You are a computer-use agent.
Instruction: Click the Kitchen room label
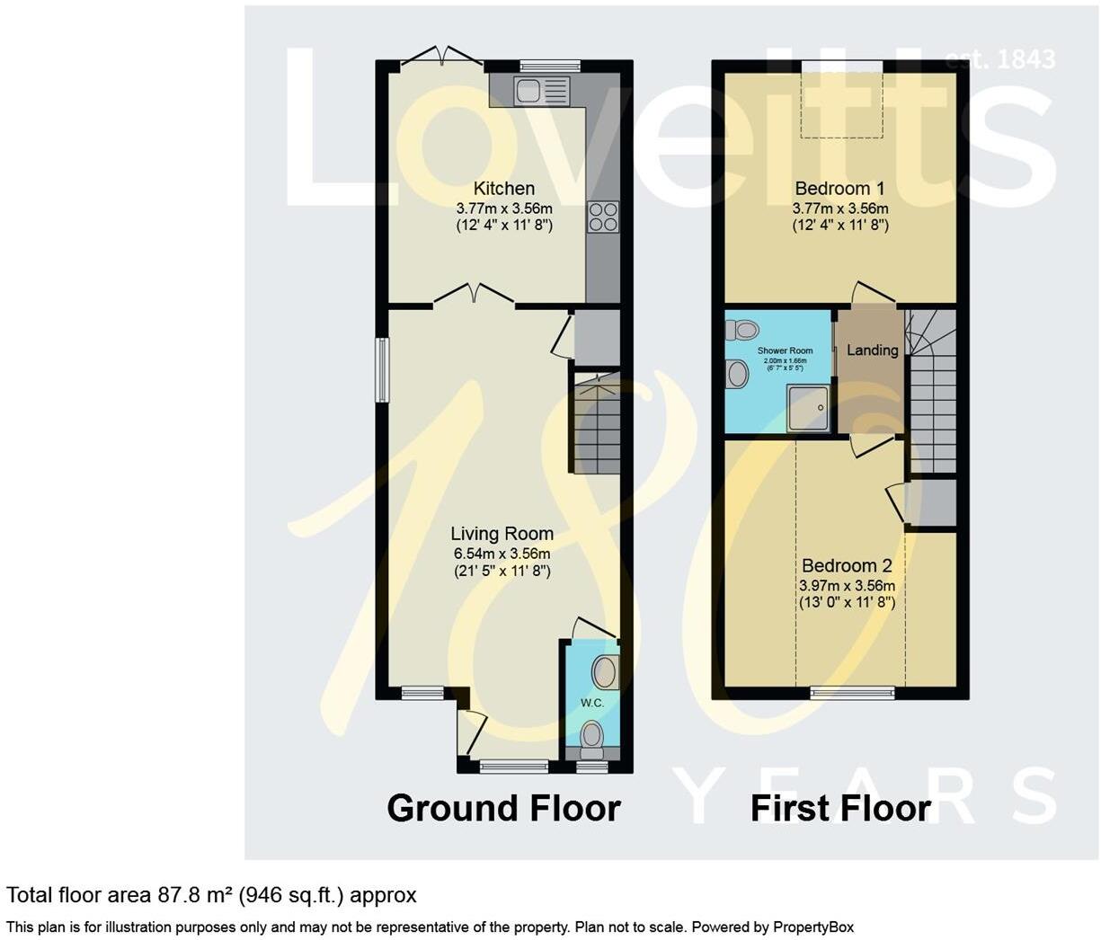503,189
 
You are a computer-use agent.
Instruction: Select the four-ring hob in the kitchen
603,216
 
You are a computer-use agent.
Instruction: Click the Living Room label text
502,534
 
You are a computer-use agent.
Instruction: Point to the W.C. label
591,703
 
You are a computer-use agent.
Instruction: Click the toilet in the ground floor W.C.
591,736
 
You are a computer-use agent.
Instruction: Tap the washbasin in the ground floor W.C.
605,671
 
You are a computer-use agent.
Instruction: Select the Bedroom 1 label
839,189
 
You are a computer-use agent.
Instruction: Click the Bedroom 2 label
846,566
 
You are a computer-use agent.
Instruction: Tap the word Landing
872,350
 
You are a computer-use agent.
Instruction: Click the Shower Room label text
785,351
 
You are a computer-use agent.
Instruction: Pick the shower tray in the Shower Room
809,409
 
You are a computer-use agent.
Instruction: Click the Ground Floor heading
503,808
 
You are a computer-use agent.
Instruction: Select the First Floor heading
839,808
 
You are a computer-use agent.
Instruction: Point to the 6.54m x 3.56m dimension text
502,554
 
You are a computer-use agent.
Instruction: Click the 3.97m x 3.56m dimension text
846,586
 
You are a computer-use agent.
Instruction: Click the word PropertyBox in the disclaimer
812,927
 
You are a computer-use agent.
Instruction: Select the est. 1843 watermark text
999,59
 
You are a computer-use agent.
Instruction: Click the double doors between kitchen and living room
475,295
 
